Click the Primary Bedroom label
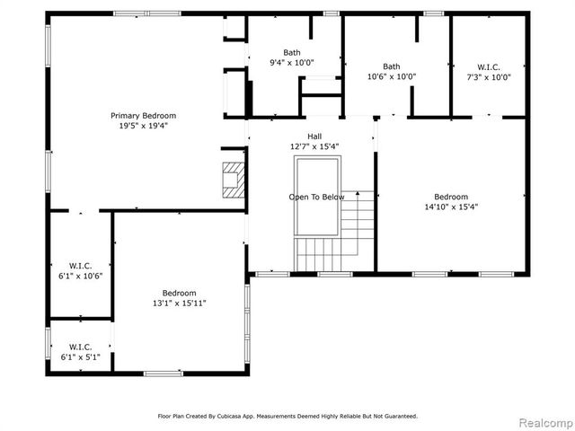tap(143, 116)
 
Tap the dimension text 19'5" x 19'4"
tap(143, 127)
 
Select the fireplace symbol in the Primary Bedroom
tap(233, 179)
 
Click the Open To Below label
tap(316, 197)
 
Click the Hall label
tap(314, 136)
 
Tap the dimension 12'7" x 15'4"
tap(314, 146)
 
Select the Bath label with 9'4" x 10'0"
tap(292, 52)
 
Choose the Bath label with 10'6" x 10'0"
tap(392, 66)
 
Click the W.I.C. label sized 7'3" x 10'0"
tap(490, 66)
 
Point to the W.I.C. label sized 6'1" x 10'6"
tap(80, 265)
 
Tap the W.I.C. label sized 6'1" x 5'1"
tap(80, 346)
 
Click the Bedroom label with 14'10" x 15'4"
tap(450, 197)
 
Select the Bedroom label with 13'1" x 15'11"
tap(179, 293)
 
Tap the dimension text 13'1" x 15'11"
tap(179, 303)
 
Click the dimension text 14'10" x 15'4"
tap(450, 207)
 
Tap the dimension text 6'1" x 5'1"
tap(80, 356)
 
